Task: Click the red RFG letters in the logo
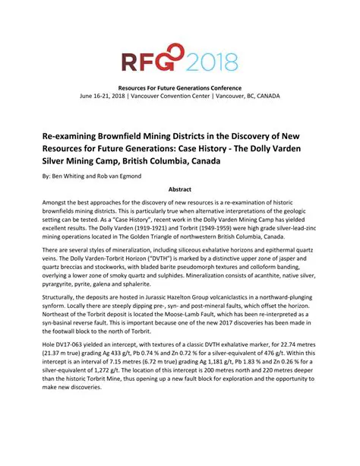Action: pos(145,59)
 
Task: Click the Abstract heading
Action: pos(179,189)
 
